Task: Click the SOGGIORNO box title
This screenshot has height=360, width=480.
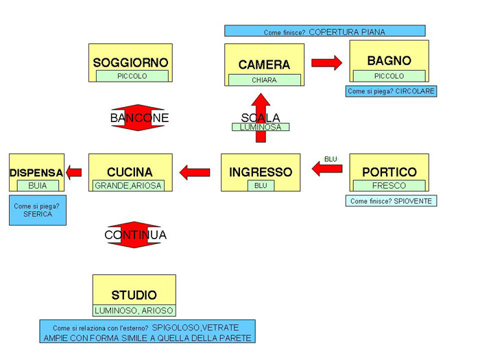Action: pos(130,62)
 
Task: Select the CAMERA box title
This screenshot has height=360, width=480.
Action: pos(264,64)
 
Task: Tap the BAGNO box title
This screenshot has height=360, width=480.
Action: pos(389,60)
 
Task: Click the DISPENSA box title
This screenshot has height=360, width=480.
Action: pos(36,172)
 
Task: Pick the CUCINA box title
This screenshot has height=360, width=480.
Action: pos(130,171)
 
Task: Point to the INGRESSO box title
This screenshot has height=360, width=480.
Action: pos(261,171)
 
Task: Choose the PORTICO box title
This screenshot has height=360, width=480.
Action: pos(389,171)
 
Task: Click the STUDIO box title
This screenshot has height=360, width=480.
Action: pos(134,295)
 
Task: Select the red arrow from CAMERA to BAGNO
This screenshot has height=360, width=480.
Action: pos(326,63)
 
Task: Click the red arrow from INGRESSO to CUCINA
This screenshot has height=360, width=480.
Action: pos(195,171)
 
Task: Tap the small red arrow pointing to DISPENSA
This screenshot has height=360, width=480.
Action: pos(75,172)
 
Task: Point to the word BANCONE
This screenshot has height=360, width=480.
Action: pos(139,118)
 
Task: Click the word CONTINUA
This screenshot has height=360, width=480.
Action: pos(135,235)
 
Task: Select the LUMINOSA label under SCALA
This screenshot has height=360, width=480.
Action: pos(261,127)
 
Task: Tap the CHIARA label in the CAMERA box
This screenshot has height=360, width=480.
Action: pos(264,80)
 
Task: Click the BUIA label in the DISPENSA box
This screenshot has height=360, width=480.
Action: pos(37,185)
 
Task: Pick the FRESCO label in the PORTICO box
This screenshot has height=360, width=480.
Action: pos(389,185)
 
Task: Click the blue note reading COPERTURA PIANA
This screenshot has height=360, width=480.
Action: pos(324,32)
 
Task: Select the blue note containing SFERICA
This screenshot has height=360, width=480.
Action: pos(38,210)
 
